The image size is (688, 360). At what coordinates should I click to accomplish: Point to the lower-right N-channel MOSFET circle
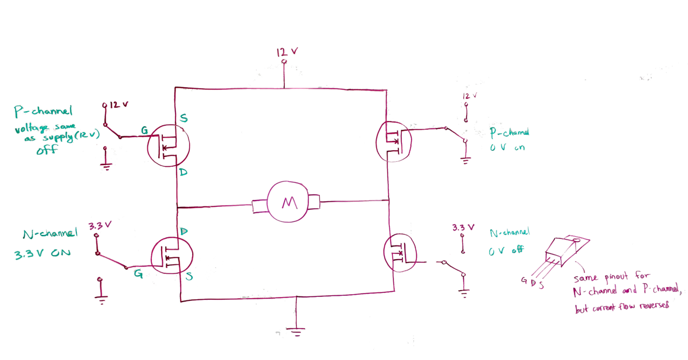(x=400, y=253)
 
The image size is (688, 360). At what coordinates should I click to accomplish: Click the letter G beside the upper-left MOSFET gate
(x=145, y=131)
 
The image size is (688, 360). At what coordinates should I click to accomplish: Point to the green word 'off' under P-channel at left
(x=45, y=151)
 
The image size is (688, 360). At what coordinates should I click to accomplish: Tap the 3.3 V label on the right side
(x=463, y=228)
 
